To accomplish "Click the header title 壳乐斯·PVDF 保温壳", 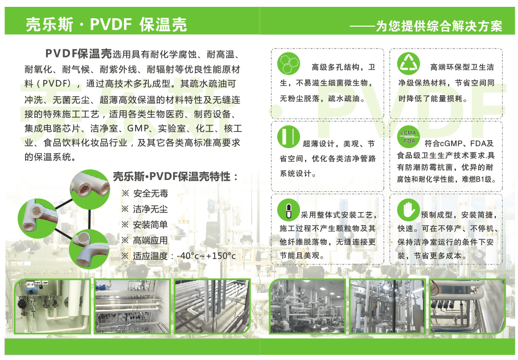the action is click(x=106, y=24).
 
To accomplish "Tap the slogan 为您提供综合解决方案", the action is click(x=439, y=26).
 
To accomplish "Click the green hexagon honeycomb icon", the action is click(x=289, y=63).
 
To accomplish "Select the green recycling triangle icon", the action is click(x=409, y=63).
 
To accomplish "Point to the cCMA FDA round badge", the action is click(x=409, y=137).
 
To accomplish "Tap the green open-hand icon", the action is click(x=408, y=210).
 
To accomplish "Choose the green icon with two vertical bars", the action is click(x=289, y=137).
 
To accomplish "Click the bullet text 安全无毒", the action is click(x=151, y=194).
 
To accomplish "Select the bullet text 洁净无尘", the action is click(x=150, y=209).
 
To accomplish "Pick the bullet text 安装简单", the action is click(x=150, y=225).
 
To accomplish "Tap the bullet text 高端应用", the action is click(x=150, y=240).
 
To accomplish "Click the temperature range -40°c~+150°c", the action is click(x=207, y=256).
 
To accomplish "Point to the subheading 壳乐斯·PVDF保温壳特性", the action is click(x=172, y=177).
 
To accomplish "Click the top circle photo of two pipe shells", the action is click(x=90, y=190).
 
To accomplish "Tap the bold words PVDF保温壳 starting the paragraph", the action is click(x=79, y=53).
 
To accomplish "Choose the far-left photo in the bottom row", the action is click(x=52, y=306).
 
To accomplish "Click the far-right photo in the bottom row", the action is click(x=467, y=306).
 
